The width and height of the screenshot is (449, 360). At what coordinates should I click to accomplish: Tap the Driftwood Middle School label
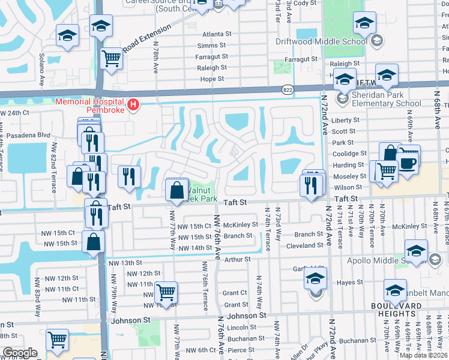tap(321, 41)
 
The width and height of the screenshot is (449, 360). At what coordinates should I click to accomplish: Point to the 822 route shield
tap(288, 89)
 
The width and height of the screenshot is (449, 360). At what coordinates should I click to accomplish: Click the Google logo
tap(20, 352)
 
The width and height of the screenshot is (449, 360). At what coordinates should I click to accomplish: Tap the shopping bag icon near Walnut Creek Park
tap(177, 191)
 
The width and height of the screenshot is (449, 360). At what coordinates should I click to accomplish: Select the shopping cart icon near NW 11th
tap(166, 293)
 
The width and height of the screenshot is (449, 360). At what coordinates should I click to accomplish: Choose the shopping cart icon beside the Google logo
tap(58, 340)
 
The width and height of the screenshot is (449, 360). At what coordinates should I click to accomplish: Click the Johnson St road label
tap(246, 315)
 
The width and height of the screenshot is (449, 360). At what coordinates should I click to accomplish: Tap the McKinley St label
tap(240, 226)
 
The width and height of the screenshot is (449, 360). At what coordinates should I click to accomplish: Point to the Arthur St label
tap(237, 259)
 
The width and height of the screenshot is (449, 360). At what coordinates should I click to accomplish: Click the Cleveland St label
tap(304, 245)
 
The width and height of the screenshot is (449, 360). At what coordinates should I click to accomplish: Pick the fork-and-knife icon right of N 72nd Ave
tap(312, 187)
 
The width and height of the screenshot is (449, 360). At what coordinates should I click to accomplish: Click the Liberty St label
tap(345, 120)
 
